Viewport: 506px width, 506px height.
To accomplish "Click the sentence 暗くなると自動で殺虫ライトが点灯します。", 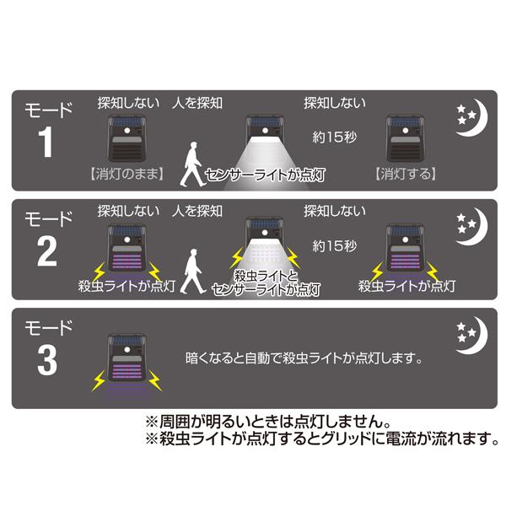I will point(304,358).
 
